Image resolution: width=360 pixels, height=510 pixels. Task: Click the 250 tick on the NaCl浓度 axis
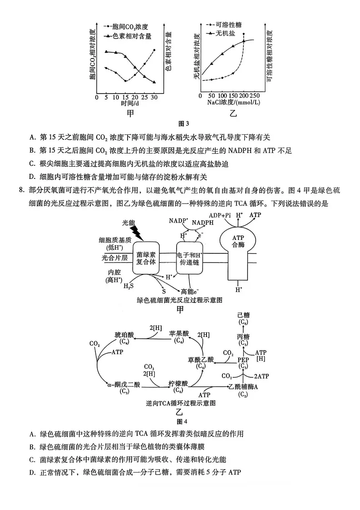pyautogui.click(x=255, y=96)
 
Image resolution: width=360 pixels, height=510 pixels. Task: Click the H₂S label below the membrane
pyautogui.click(x=129, y=286)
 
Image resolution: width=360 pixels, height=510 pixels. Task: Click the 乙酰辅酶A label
pyautogui.click(x=243, y=386)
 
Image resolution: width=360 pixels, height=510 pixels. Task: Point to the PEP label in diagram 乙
pyautogui.click(x=243, y=360)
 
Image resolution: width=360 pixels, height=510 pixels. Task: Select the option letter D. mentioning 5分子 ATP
pyautogui.click(x=32, y=472)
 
